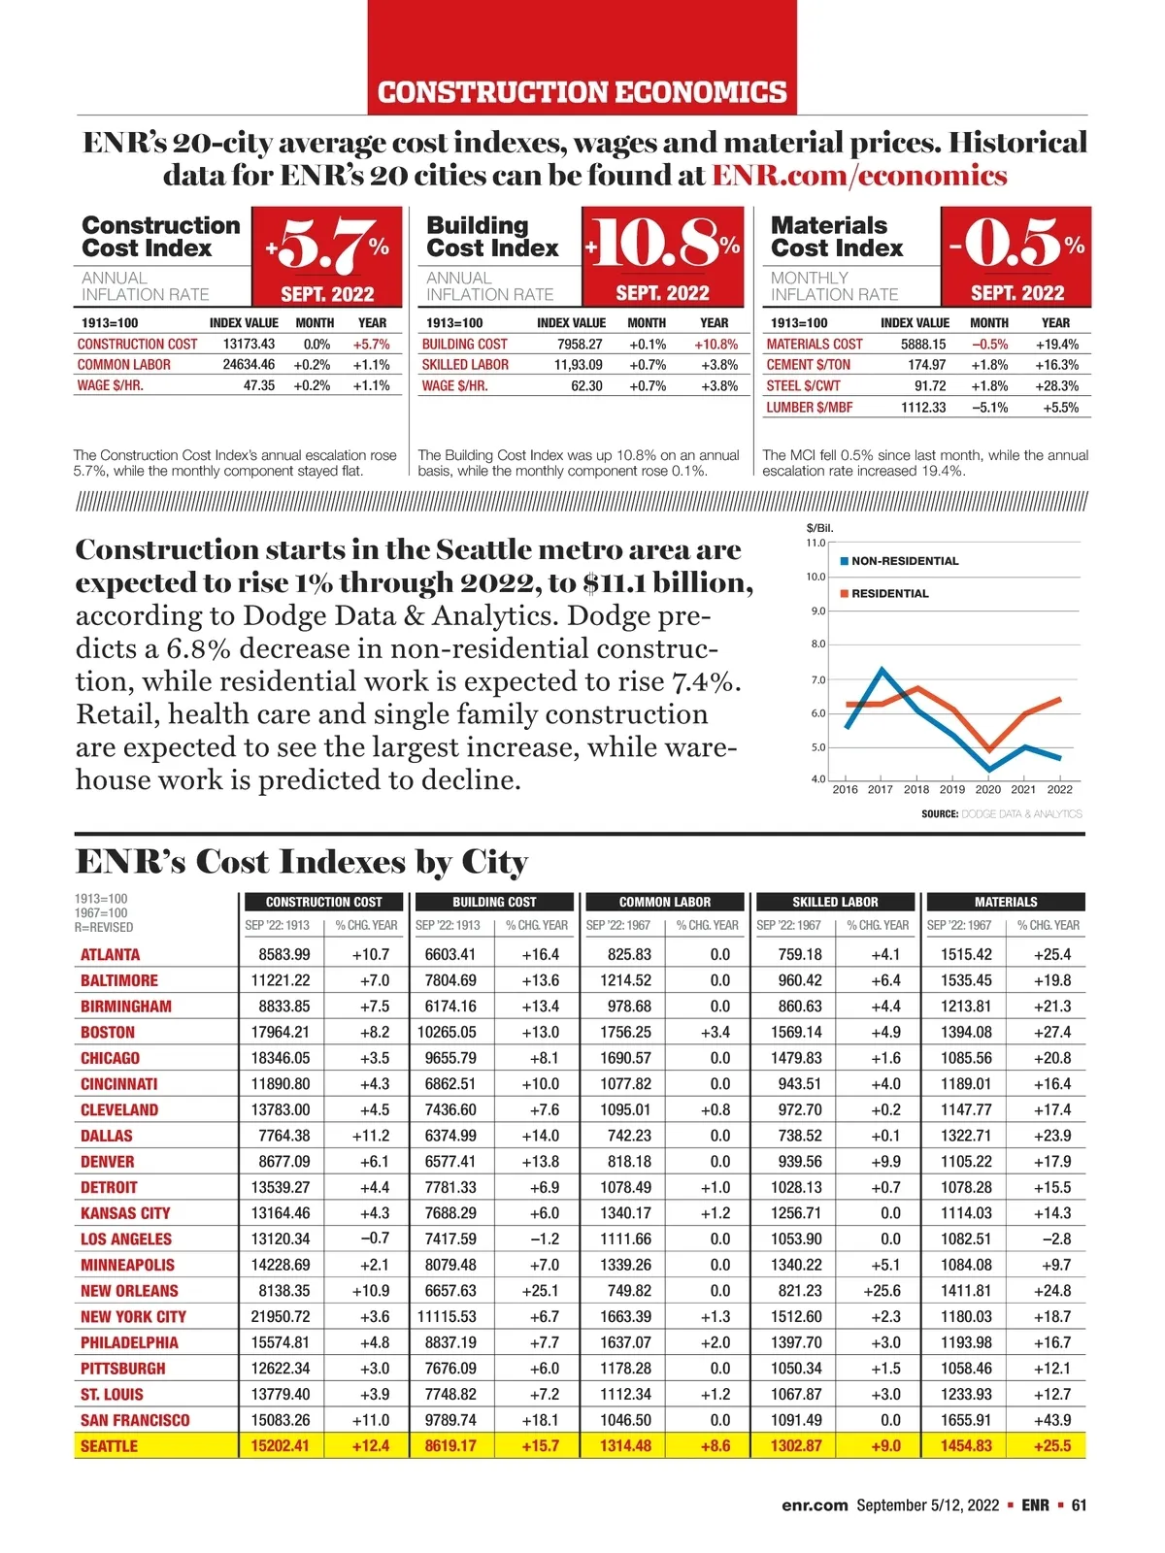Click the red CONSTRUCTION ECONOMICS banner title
582,92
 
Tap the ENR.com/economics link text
859,176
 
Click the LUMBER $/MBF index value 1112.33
922,408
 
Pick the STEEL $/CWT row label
803,386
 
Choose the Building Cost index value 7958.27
579,345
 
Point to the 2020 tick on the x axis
987,789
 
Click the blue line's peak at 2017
882,669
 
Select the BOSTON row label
108,1033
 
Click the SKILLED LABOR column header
835,902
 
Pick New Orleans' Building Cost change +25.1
540,1291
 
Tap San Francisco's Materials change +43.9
1052,1420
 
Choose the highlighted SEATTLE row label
109,1446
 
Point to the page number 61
1079,1505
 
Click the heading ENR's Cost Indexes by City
302,862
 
